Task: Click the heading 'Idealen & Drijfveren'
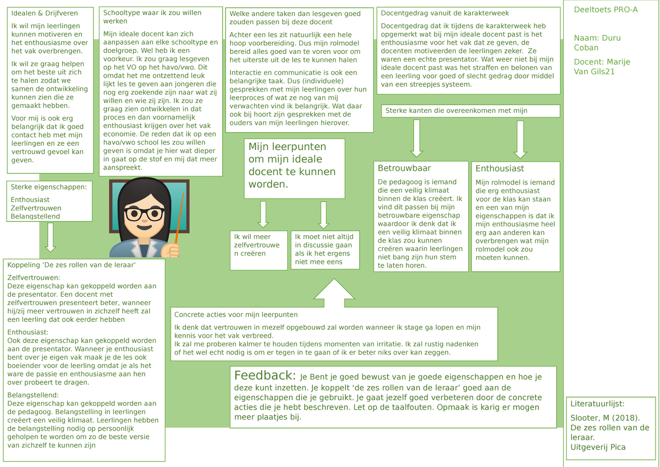45,13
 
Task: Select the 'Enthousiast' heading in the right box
499,169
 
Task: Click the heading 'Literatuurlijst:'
597,404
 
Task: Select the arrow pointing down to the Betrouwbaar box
416,138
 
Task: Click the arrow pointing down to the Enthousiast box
520,139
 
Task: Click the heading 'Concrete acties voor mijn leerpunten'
236,314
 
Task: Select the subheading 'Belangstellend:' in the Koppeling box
33,395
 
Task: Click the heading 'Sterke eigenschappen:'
48,187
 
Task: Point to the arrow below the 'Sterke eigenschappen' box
51,237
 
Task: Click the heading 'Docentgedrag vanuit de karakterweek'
444,13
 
